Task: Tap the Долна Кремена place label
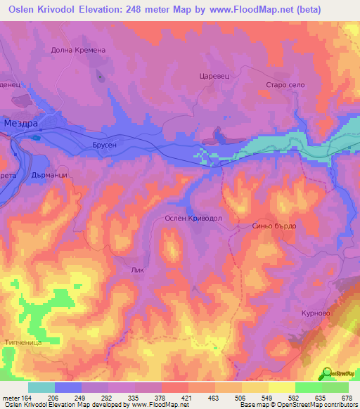pyautogui.click(x=77, y=50)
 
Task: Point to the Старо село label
pyautogui.click(x=285, y=85)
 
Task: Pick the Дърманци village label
pyautogui.click(x=50, y=176)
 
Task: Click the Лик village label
pyautogui.click(x=138, y=268)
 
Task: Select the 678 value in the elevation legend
pyautogui.click(x=348, y=397)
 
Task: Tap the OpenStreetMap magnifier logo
pyautogui.click(x=327, y=372)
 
